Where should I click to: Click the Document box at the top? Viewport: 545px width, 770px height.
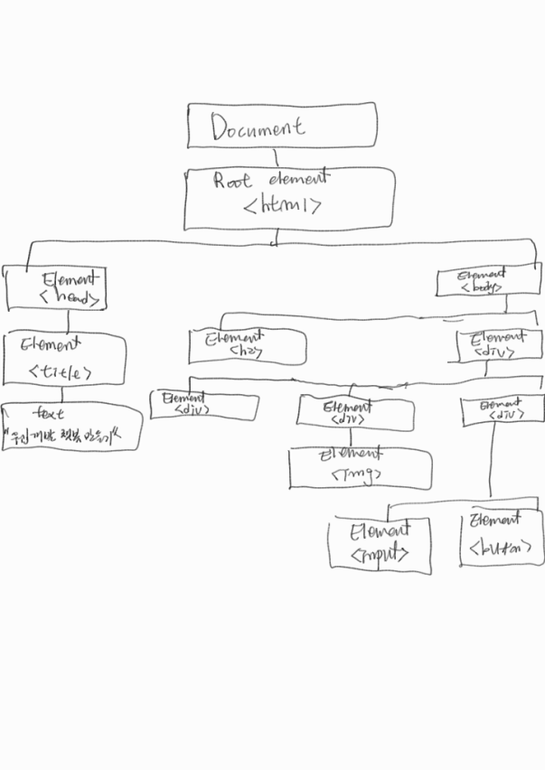281,126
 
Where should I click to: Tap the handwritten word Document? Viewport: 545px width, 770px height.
258,127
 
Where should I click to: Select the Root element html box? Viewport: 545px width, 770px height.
289,198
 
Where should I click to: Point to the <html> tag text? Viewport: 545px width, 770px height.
283,208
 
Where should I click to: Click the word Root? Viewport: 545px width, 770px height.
232,180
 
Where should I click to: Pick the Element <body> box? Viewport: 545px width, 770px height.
488,281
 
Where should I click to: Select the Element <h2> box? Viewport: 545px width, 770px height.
246,346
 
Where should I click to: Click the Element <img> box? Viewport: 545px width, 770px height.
360,467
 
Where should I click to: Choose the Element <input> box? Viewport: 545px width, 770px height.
379,543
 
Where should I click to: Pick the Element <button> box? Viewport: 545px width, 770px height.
500,537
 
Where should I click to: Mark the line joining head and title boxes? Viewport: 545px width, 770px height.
69,322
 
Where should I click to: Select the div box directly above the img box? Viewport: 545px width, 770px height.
355,413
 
